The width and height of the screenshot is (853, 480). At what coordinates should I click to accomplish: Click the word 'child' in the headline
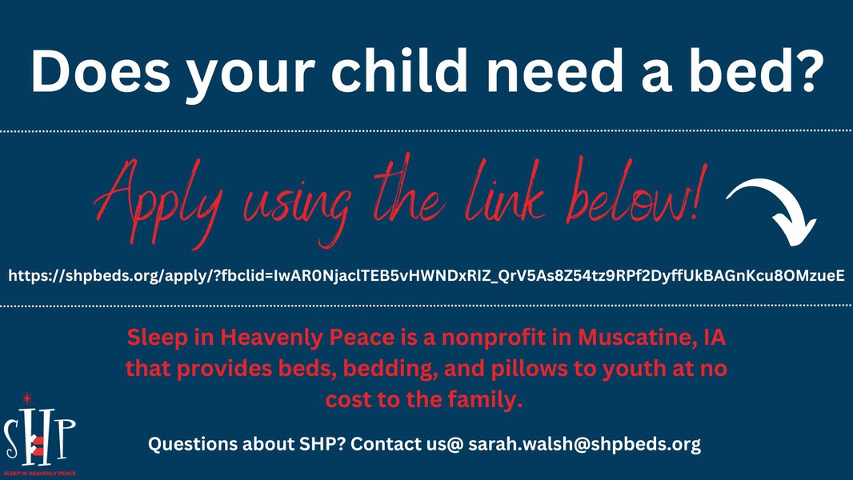pos(398,70)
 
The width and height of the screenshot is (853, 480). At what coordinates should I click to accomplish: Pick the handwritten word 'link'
pos(506,193)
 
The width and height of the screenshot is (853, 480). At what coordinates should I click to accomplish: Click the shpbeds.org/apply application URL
pos(426,276)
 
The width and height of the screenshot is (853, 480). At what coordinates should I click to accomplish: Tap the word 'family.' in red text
pos(485,400)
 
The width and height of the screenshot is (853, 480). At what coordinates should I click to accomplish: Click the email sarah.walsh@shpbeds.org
pos(584,444)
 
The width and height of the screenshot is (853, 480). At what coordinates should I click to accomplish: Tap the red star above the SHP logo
pos(26,398)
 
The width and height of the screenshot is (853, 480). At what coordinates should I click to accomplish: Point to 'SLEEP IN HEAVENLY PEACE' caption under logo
pos(39,474)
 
